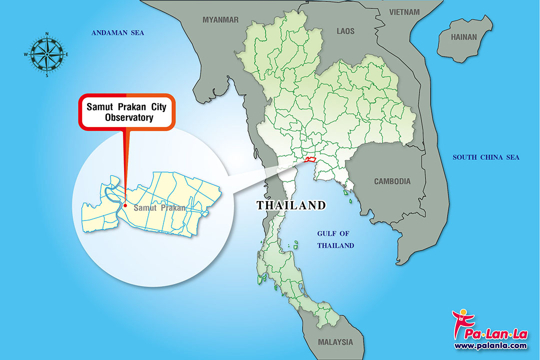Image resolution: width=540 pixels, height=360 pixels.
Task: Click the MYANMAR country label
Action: point(220,20)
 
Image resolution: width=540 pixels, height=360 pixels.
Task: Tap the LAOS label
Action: point(345,31)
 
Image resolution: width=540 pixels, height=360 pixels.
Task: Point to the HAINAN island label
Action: point(464,37)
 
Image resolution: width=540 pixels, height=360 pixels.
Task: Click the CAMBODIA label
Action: point(392,181)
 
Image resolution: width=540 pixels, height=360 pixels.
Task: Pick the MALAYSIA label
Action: point(335,342)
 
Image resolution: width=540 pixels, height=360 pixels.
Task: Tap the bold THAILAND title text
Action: point(291,205)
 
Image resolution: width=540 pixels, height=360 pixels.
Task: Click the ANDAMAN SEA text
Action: point(117,33)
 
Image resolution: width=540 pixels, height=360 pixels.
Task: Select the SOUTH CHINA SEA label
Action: point(485,157)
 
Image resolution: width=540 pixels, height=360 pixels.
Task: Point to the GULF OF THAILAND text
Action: point(335,239)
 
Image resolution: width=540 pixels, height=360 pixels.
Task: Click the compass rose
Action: point(46,54)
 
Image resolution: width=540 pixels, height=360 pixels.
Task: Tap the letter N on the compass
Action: point(46,34)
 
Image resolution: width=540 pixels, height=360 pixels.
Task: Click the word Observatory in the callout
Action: point(129,118)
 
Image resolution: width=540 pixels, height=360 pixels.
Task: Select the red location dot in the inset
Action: point(125,205)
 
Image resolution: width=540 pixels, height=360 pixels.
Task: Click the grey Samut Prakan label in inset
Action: point(159,207)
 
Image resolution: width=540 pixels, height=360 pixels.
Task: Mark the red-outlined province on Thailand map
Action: point(310,159)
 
